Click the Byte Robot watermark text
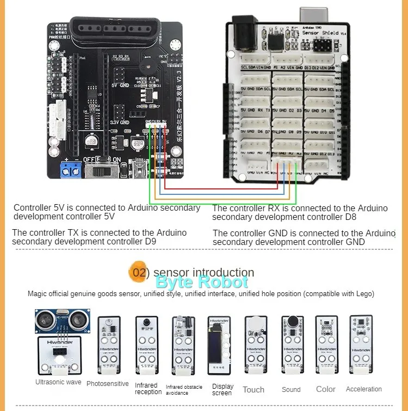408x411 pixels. (201, 282)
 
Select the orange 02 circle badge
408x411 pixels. (138, 272)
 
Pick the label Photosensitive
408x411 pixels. (108, 384)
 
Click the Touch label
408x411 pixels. (254, 390)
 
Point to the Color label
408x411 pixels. (326, 389)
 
